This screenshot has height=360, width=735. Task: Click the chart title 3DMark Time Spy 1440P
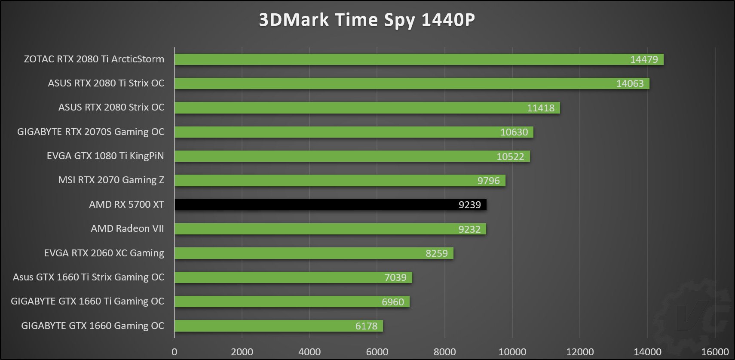pos(367,20)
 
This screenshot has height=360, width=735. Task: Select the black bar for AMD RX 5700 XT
pos(330,205)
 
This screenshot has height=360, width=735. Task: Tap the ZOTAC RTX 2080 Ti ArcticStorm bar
pos(419,59)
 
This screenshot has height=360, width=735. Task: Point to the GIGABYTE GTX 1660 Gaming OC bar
pos(279,326)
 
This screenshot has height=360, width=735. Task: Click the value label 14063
pos(630,83)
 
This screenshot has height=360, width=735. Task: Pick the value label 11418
pos(540,108)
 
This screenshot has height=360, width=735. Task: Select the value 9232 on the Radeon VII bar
pos(469,229)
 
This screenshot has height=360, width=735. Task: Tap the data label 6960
pos(392,302)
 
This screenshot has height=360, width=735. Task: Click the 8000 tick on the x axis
pos(444,352)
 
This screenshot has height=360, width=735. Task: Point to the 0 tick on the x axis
pos(175,352)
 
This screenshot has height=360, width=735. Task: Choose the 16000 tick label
pos(715,352)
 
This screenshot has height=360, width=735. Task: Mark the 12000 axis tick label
pos(579,352)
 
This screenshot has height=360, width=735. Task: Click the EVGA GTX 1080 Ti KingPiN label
pos(105,156)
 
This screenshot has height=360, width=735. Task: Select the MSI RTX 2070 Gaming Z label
pos(111,180)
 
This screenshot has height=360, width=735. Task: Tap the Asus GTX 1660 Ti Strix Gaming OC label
pos(89,277)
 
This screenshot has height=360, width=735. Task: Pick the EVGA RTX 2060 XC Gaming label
pos(104,253)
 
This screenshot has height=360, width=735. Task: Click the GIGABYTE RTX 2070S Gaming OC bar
pos(354,132)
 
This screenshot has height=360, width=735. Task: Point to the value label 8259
pos(436,253)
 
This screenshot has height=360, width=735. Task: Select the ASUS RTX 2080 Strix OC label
pos(111,107)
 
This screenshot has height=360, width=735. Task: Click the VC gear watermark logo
pos(692,316)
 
